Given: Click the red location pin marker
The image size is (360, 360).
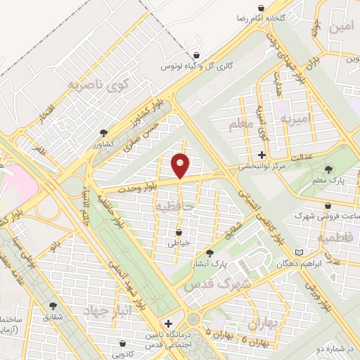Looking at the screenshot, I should tap(181, 165).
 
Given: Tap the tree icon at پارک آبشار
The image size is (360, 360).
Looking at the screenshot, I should tap(210, 253).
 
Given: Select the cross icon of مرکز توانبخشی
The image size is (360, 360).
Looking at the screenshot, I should tap(262, 155).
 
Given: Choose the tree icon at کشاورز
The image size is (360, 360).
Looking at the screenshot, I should tap(104, 132).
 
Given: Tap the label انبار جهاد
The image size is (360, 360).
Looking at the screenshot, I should tap(108, 310).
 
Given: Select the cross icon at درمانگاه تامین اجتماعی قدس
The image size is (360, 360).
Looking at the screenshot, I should tap(167, 323).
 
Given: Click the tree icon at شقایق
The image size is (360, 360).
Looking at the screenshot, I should tap(51, 305).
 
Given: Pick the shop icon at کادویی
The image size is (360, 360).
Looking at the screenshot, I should tap(123, 345).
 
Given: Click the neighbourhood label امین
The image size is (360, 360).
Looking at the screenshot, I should tap(340, 28).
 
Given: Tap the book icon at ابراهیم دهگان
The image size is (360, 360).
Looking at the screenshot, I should tap(300, 252).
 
